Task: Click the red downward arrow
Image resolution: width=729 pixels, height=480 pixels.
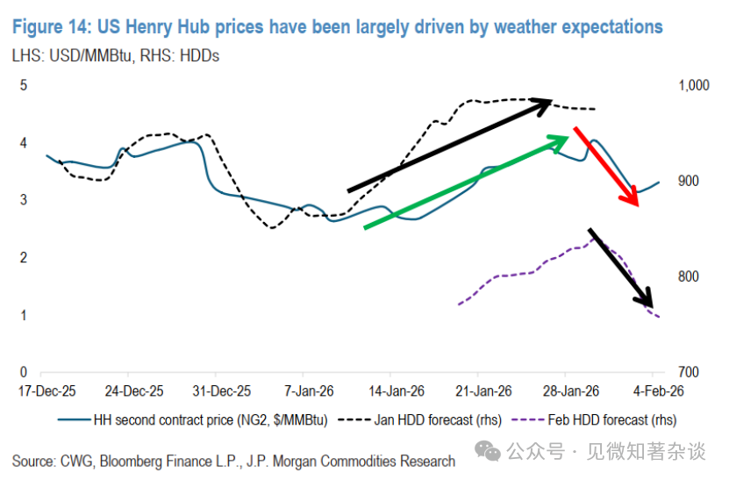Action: tap(605, 167)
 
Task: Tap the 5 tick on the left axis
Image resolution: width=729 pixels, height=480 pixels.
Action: tap(25, 85)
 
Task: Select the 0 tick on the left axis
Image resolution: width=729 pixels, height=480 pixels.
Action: tap(25, 372)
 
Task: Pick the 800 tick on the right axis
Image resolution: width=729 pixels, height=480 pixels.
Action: tap(689, 276)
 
